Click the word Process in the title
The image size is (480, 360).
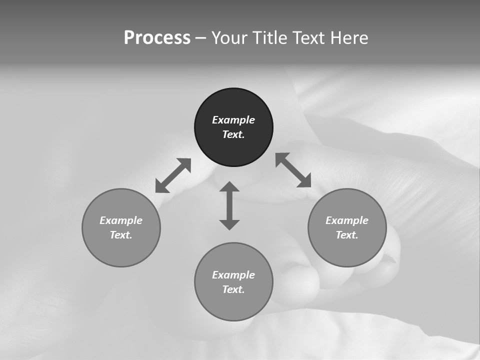click(x=157, y=38)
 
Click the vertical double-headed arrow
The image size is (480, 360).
click(x=229, y=205)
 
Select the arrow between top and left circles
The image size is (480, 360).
click(x=173, y=175)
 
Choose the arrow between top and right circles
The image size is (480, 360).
click(x=293, y=170)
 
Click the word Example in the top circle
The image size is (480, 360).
click(x=233, y=120)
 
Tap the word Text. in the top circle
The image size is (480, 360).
click(x=233, y=134)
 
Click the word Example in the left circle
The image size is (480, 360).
click(x=121, y=220)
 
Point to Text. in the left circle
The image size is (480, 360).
click(x=121, y=235)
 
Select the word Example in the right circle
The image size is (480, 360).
click(x=347, y=220)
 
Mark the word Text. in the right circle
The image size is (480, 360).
click(x=347, y=235)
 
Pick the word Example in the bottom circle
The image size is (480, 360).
click(x=233, y=275)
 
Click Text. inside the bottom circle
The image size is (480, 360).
click(x=233, y=289)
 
